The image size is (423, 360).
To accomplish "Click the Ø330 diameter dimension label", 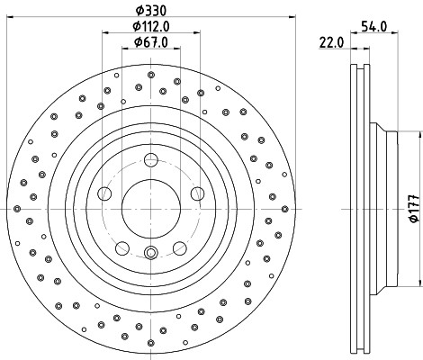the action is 151,11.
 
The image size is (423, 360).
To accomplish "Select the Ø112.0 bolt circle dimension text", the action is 151,27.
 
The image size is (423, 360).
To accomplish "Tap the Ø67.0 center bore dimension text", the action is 151,42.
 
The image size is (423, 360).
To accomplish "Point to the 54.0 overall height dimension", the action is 374,27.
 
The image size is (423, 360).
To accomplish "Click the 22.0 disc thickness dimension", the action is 331,42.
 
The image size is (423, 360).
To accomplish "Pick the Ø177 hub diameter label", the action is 414,209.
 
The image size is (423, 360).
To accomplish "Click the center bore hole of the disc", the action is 151,209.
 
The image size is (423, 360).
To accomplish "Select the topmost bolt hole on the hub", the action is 151,160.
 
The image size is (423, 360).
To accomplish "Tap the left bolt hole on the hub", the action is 104,193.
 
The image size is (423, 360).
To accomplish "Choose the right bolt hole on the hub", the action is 198,193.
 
